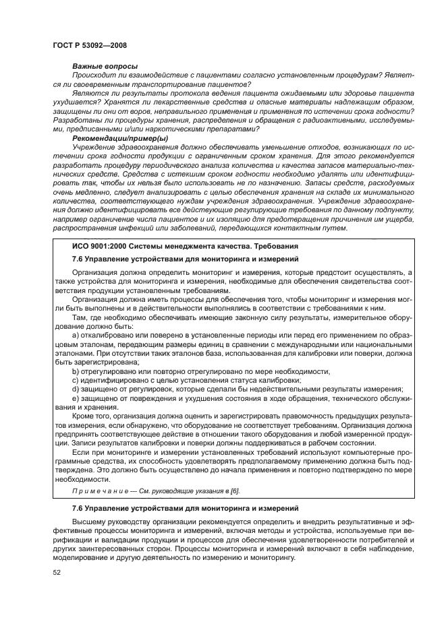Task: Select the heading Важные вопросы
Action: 105,66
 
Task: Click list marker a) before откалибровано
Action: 75,336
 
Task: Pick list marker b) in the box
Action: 75,371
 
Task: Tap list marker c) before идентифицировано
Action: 75,380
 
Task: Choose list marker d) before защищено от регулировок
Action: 75,389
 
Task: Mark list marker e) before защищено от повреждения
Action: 75,398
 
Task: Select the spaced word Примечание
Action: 99,491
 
